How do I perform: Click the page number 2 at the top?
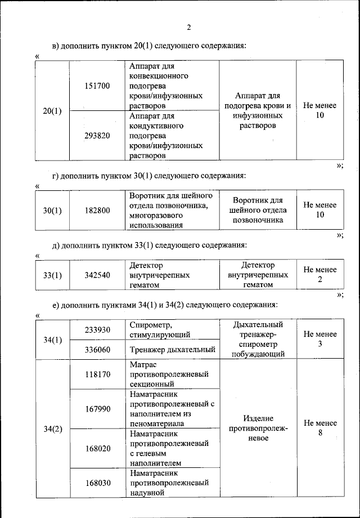(x=189, y=28)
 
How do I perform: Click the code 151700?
(x=97, y=86)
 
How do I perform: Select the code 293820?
(x=97, y=136)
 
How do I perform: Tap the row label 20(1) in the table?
(x=52, y=111)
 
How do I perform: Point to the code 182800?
(x=97, y=210)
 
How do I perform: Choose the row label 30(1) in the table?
(x=52, y=210)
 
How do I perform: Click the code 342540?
(x=97, y=275)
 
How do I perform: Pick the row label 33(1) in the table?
(x=52, y=275)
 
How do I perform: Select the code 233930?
(x=97, y=329)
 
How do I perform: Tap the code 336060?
(x=97, y=350)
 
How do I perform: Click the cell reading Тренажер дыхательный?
(x=172, y=350)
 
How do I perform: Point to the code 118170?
(x=97, y=373)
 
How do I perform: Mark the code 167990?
(x=97, y=408)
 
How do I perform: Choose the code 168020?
(x=97, y=448)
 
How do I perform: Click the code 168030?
(x=97, y=483)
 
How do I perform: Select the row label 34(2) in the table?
(x=52, y=428)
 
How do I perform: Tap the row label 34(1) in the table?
(x=52, y=340)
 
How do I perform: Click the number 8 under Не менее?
(x=320, y=433)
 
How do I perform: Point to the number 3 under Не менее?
(x=320, y=344)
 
